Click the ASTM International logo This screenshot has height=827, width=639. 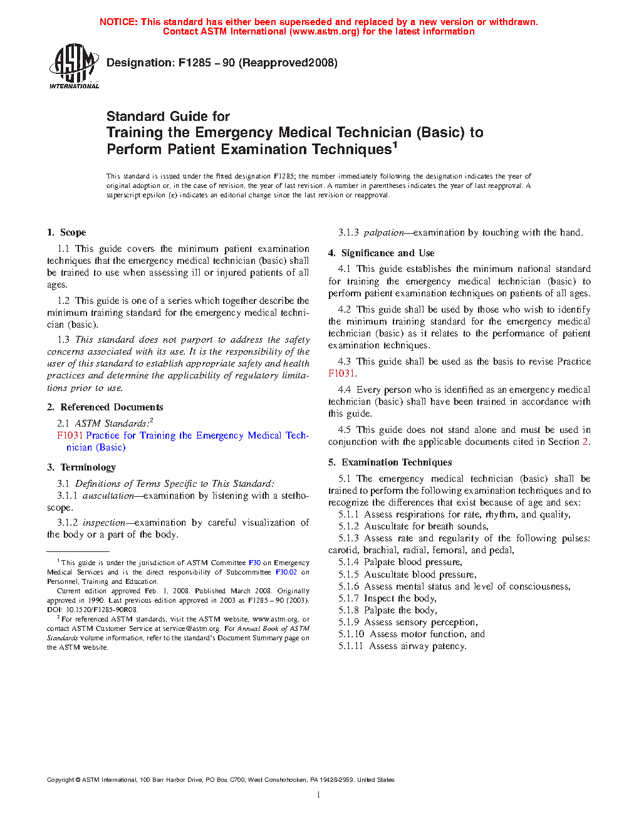(x=74, y=65)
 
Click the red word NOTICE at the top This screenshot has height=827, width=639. (x=118, y=22)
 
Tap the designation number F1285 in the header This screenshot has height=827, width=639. (x=194, y=63)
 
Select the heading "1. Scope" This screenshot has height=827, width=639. (x=66, y=232)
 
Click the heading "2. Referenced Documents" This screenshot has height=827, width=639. (x=105, y=407)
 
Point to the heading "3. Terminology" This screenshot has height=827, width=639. (x=81, y=467)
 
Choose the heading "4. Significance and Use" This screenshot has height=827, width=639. (x=381, y=253)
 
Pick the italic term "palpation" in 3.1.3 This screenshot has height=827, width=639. (x=383, y=232)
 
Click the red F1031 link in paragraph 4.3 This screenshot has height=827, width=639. (x=341, y=373)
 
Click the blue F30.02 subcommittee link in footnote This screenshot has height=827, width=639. (x=286, y=572)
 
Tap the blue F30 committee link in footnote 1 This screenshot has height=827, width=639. (x=254, y=563)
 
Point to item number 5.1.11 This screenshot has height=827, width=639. (x=351, y=646)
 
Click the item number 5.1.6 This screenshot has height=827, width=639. (x=348, y=586)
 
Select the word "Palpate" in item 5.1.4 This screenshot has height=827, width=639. (x=380, y=562)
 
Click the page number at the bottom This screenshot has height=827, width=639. (x=319, y=795)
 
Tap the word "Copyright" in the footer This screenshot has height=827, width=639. (x=60, y=780)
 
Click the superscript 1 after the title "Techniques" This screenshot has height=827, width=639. (x=395, y=145)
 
